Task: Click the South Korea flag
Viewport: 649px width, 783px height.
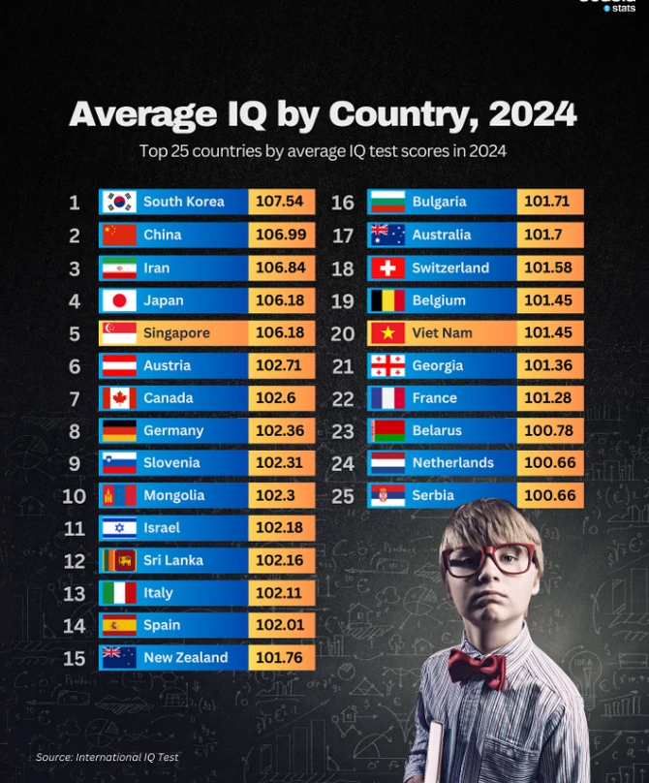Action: pyautogui.click(x=120, y=202)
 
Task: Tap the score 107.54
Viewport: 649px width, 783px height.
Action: pyautogui.click(x=280, y=202)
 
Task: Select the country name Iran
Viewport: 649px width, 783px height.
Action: pyautogui.click(x=156, y=267)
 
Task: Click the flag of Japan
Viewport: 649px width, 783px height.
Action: pyautogui.click(x=120, y=300)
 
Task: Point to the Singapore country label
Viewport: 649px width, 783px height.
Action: pyautogui.click(x=176, y=333)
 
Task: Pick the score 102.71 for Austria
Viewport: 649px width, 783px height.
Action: pyautogui.click(x=280, y=365)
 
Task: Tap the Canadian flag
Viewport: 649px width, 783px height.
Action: pyautogui.click(x=120, y=398)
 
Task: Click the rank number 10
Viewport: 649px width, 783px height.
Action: pyautogui.click(x=75, y=496)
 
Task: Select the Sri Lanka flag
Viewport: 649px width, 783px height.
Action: pyautogui.click(x=120, y=561)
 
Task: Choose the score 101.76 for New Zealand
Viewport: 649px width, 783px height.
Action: pyautogui.click(x=280, y=658)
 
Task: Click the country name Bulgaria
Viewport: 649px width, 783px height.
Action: pyautogui.click(x=439, y=202)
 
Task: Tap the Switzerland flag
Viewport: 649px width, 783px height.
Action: pyautogui.click(x=387, y=267)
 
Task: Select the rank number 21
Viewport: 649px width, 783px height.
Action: pyautogui.click(x=343, y=366)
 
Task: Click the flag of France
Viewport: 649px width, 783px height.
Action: pyautogui.click(x=387, y=398)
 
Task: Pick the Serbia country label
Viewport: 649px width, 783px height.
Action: pyautogui.click(x=433, y=495)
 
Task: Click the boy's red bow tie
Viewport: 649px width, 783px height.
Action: pyautogui.click(x=477, y=667)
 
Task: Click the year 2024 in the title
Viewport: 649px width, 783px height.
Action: pyautogui.click(x=532, y=114)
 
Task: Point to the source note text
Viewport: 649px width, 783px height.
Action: pyautogui.click(x=108, y=757)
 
